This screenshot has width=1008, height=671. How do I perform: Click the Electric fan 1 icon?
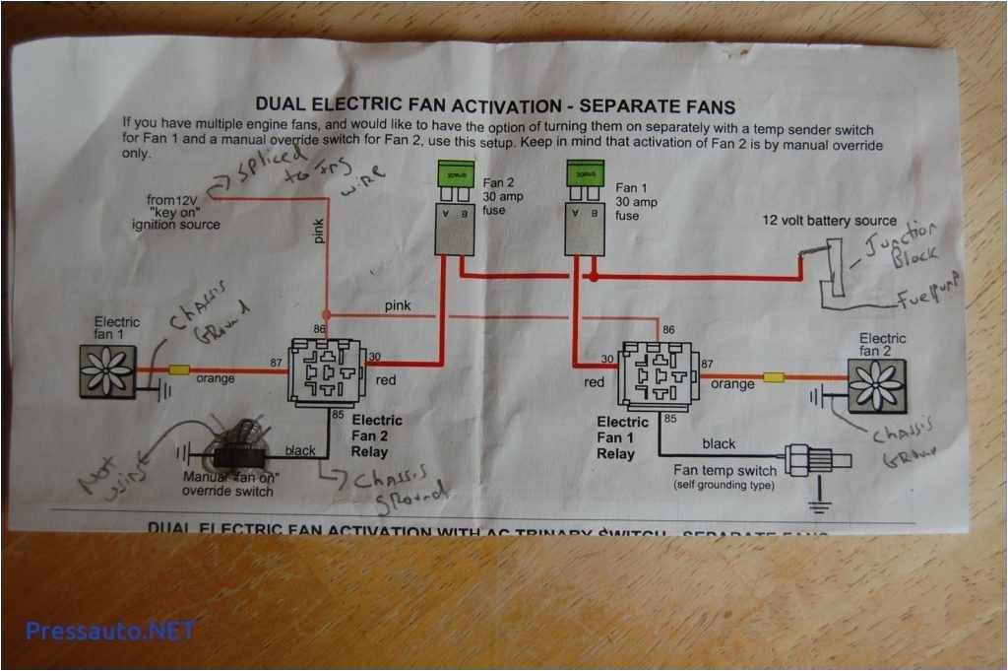(106, 370)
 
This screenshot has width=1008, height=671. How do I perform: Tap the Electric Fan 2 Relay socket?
(325, 370)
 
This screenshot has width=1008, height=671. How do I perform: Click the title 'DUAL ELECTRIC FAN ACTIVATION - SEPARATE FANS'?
(495, 105)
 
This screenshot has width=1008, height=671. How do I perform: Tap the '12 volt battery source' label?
(830, 221)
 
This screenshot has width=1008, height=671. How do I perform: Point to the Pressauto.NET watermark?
(110, 631)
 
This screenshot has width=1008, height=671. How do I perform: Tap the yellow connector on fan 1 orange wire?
(179, 371)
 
